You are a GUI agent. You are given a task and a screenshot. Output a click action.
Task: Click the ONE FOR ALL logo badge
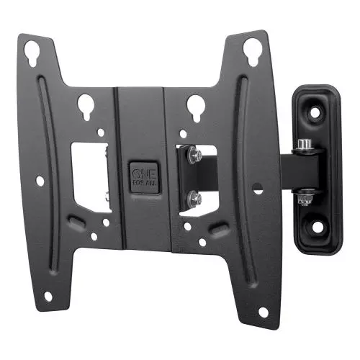(145, 178)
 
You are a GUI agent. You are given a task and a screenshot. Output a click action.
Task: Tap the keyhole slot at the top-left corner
(32, 53)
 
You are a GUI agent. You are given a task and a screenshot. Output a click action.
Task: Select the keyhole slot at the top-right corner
(252, 52)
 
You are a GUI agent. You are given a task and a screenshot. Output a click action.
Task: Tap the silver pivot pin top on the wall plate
(304, 145)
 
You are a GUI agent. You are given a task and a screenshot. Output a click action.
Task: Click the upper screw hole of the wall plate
(314, 112)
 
